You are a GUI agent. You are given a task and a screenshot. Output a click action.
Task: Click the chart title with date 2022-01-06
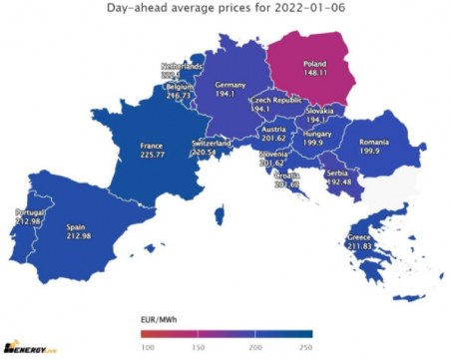pyautogui.click(x=225, y=9)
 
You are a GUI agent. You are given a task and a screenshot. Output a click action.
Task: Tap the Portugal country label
pyautogui.click(x=30, y=211)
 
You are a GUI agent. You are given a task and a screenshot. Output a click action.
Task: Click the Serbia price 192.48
pyautogui.click(x=338, y=181)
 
